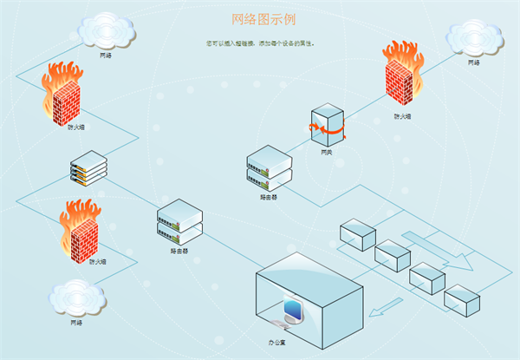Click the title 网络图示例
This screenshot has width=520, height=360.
(259, 18)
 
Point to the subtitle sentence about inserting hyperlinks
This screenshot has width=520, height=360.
(260, 42)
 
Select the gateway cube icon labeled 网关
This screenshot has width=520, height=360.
(328, 124)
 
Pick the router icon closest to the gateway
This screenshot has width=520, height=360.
(270, 167)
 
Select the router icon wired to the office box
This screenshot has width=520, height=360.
(179, 222)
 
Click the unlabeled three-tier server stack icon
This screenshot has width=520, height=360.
(88, 168)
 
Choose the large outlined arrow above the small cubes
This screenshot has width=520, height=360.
(438, 249)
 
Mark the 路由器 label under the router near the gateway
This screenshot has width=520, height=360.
(270, 198)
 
